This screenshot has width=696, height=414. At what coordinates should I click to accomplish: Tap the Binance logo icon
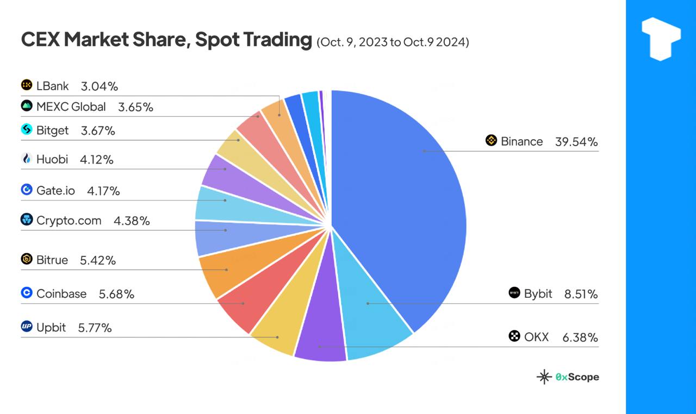[491, 141]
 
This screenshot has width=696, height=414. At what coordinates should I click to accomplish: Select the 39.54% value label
[576, 142]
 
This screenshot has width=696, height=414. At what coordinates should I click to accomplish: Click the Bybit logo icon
[514, 293]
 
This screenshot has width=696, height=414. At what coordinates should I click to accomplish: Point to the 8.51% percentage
[581, 294]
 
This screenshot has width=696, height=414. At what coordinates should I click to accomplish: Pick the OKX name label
[536, 337]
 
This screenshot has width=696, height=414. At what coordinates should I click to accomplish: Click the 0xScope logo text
[577, 377]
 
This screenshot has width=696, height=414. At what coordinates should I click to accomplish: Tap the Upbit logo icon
[27, 327]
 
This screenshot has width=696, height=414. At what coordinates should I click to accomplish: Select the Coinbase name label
[61, 293]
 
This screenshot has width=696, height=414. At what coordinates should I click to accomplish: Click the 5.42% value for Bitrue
[98, 260]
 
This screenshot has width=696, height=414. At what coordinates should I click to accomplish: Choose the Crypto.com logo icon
[27, 219]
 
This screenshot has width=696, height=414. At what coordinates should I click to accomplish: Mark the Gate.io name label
[55, 190]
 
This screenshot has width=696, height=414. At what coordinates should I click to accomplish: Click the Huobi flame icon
[27, 159]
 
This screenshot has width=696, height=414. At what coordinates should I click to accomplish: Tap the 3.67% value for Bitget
[98, 131]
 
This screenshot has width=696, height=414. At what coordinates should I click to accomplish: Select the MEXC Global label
[71, 106]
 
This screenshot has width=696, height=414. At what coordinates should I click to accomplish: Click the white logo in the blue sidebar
[661, 38]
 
